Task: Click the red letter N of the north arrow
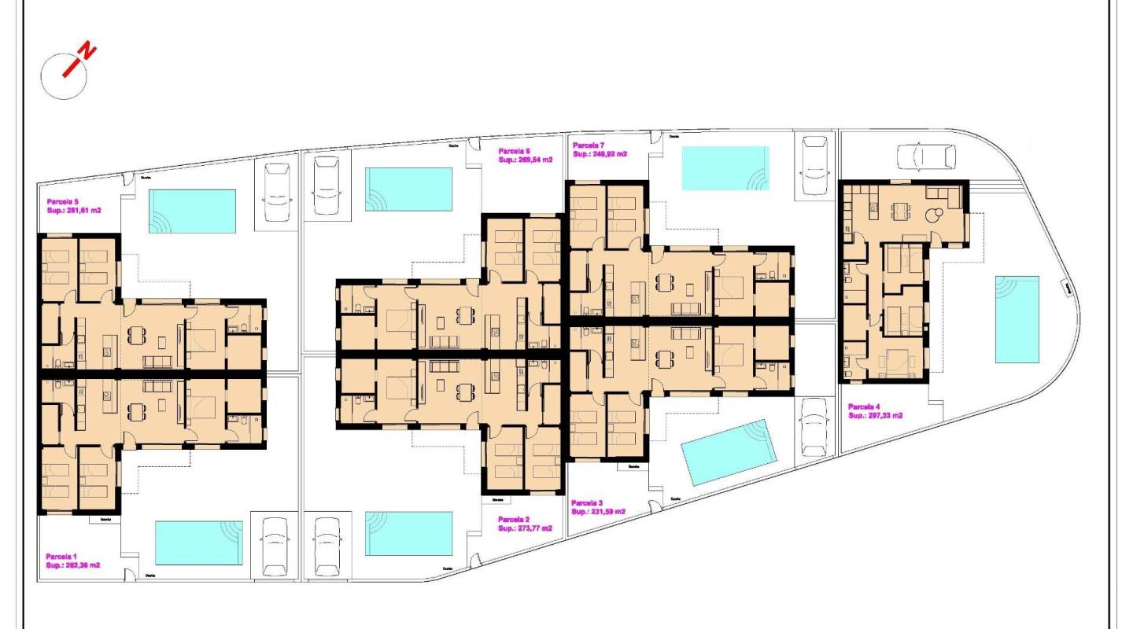88,53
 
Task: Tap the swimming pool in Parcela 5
193,211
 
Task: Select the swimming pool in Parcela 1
199,543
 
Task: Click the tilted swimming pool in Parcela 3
729,452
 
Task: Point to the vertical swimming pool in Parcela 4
1017,319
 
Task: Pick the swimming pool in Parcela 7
725,168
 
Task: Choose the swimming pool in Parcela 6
408,189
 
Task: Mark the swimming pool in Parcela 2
408,534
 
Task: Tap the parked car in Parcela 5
277,193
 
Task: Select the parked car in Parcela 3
814,428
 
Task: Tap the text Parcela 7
589,145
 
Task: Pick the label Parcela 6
515,151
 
